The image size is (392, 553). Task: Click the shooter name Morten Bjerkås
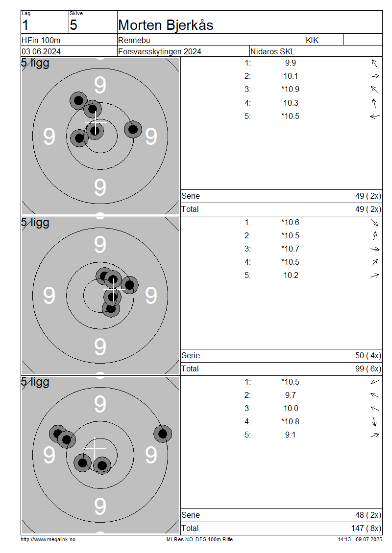(166, 25)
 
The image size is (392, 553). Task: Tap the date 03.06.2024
(41, 51)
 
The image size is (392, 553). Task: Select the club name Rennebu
(134, 40)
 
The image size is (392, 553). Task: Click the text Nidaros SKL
(272, 51)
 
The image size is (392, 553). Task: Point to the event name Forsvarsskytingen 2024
(160, 51)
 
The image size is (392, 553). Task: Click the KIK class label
(312, 40)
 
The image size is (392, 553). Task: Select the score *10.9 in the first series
(290, 89)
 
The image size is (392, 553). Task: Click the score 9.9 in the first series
(291, 63)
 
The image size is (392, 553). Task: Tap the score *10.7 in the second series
(290, 249)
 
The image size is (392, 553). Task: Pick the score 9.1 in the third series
(291, 435)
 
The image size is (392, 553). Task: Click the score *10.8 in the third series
(290, 421)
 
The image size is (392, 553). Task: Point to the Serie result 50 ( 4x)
(368, 355)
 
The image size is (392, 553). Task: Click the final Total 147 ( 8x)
(366, 529)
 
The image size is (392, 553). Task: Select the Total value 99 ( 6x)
(368, 369)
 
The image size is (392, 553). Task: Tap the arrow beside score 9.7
(375, 395)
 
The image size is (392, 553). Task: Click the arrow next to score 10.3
(374, 103)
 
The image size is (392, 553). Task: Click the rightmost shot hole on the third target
(163, 434)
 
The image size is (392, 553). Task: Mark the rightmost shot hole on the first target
(133, 129)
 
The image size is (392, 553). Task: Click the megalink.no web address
(48, 540)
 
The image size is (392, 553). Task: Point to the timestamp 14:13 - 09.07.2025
(360, 540)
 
